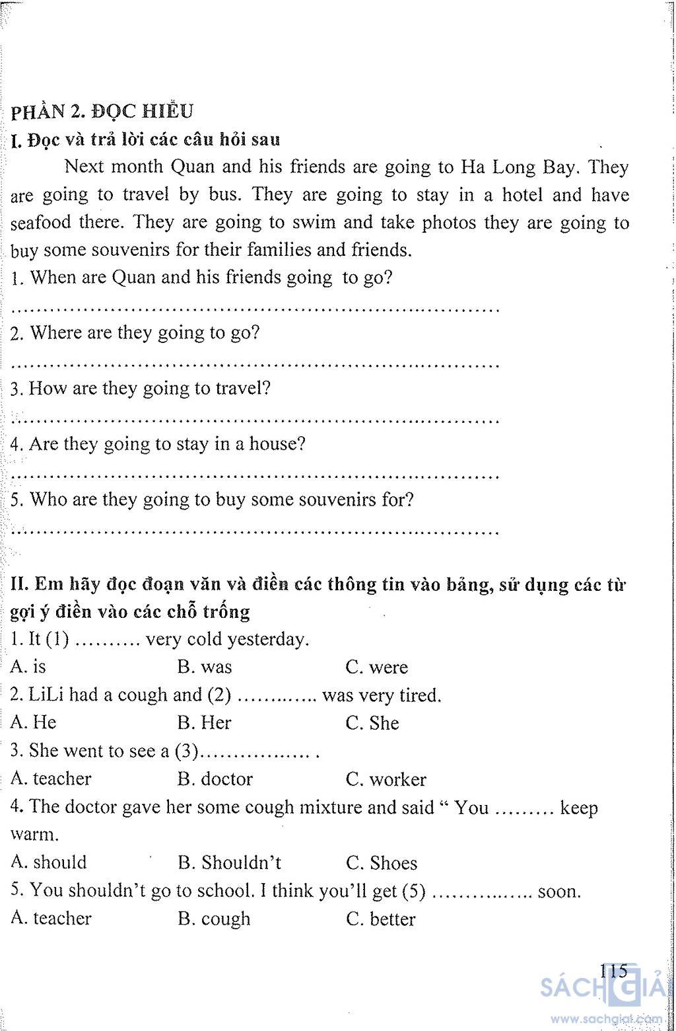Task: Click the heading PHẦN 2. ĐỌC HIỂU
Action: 102,111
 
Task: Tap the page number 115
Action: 613,971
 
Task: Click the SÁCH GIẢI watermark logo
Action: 601,989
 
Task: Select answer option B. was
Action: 205,667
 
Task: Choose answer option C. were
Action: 376,668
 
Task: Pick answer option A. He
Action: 34,722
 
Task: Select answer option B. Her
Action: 205,723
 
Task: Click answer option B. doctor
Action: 215,779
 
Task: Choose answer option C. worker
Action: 386,780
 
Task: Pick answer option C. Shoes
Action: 382,863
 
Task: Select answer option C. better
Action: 381,919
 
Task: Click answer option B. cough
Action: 215,919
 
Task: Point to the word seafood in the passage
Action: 41,222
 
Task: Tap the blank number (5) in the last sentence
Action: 413,892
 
